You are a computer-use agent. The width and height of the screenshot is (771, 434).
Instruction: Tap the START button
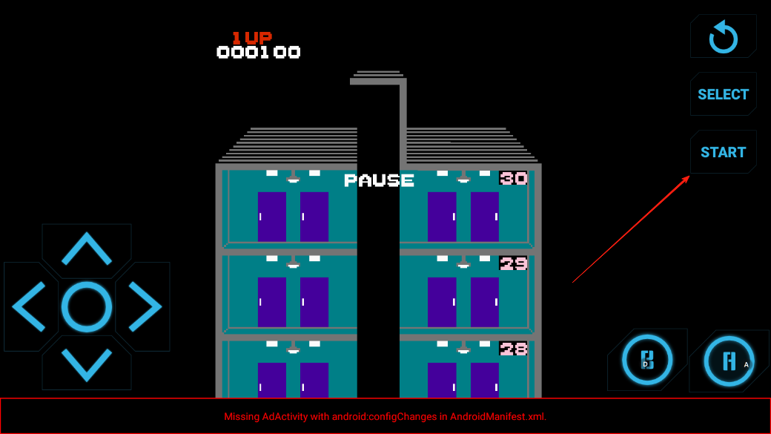pos(723,152)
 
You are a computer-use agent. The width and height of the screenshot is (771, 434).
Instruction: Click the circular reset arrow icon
pos(723,37)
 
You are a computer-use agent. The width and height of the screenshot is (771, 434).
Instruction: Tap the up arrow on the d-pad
pos(87,249)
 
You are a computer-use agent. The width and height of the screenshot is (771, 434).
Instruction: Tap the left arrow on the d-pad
pos(30,306)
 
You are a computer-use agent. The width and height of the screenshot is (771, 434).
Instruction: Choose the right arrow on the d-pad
pos(145,306)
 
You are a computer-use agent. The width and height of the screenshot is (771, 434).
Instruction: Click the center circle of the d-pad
pos(87,306)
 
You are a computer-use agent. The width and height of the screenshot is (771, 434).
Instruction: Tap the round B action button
pos(646,361)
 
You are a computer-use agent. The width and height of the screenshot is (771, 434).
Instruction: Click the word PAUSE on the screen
pos(379,180)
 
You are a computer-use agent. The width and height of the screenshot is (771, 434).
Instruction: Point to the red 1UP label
pos(251,37)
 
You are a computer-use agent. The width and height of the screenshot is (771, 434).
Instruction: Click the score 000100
pos(258,52)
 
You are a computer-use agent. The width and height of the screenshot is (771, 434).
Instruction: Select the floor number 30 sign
pos(513,178)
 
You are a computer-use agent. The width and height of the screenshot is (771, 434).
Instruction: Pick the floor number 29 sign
pos(513,263)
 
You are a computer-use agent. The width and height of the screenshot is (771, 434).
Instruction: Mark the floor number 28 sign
pos(513,349)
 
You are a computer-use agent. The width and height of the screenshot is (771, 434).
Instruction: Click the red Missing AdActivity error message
pos(385,416)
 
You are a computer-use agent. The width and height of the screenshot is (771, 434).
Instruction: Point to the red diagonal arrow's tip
pos(689,177)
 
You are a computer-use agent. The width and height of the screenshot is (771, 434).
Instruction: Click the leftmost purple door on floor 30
pos(272,217)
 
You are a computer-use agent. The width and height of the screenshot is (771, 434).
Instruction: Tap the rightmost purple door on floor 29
pos(485,302)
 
